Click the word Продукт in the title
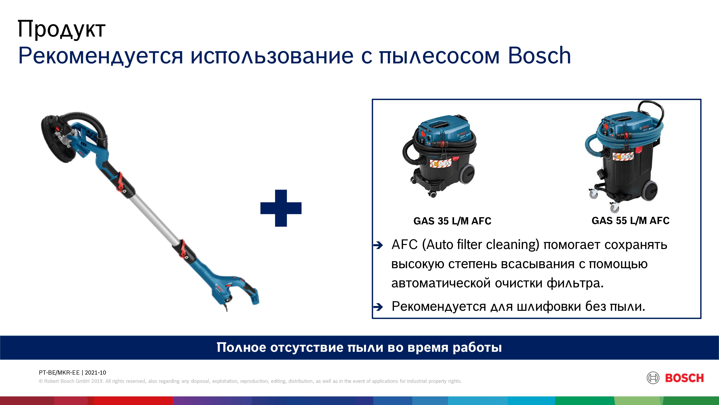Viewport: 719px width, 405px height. coord(61,29)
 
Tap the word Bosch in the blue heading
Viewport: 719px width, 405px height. coord(539,55)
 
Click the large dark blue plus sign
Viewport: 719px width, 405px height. coord(281,208)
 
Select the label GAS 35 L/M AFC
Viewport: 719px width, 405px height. coord(452,221)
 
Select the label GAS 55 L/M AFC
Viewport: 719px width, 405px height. coord(630,221)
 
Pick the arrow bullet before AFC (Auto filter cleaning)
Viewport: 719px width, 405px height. coord(378,245)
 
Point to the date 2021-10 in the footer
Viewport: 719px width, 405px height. coord(95,373)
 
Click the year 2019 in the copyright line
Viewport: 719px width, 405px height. coord(98,381)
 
